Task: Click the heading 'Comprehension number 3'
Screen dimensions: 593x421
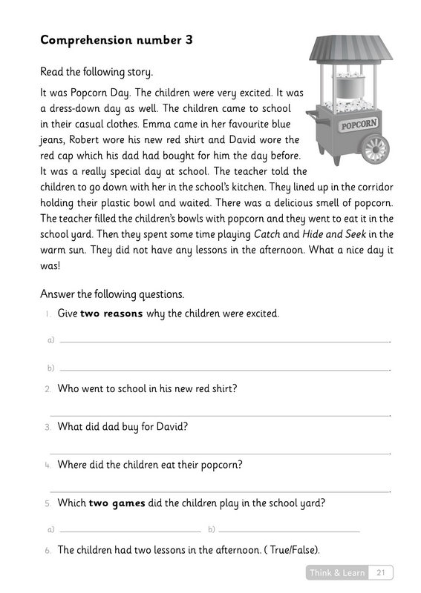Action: coord(117,41)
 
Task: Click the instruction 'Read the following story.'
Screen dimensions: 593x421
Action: coord(97,73)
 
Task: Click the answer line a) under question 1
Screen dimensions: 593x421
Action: coord(224,342)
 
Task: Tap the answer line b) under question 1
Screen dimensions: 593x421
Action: coord(224,369)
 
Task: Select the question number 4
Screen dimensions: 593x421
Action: coord(47,466)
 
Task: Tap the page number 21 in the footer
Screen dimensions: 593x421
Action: coord(381,572)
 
